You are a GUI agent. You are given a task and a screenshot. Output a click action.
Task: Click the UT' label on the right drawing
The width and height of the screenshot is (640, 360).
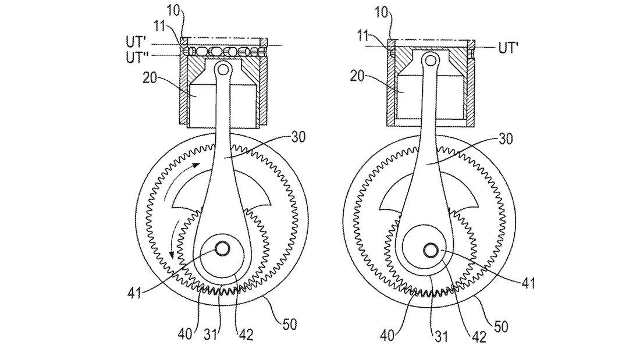[x=508, y=48]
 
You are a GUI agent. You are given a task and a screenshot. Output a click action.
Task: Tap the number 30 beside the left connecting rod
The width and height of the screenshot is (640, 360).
[x=298, y=137]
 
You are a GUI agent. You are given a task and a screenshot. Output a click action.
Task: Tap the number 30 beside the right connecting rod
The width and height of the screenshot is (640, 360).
[x=505, y=139]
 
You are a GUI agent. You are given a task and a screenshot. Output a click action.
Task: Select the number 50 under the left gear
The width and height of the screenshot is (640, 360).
[x=290, y=325]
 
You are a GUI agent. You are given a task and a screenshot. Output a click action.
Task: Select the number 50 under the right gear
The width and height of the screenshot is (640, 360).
[x=501, y=326]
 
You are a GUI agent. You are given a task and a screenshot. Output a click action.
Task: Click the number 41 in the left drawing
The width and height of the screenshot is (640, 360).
[x=134, y=293]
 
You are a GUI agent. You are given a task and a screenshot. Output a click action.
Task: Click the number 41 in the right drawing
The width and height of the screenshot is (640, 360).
[x=528, y=283]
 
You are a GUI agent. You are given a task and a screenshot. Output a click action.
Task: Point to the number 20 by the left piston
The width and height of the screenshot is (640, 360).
[x=150, y=77]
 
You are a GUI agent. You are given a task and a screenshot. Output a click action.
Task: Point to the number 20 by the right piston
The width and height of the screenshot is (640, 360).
[x=357, y=76]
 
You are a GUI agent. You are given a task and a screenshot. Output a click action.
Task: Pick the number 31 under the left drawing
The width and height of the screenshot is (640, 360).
[x=211, y=334]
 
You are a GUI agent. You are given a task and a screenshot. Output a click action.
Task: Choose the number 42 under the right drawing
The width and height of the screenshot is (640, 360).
[x=479, y=337]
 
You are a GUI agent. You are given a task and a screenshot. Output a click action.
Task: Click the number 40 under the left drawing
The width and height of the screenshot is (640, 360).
[x=185, y=334]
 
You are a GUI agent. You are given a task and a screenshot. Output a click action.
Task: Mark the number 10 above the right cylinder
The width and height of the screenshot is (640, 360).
[x=381, y=12]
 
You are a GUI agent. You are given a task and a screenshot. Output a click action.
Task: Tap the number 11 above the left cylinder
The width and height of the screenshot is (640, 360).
[x=159, y=26]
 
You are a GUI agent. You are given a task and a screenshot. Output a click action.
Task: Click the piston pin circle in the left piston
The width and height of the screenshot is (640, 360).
[x=223, y=70]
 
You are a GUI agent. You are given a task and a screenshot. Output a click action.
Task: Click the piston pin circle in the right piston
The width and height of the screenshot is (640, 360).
[x=430, y=61]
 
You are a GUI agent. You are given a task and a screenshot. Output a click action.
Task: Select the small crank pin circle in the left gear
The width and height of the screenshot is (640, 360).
[x=222, y=248]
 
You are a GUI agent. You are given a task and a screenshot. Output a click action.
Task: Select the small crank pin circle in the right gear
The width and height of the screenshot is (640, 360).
[x=431, y=251]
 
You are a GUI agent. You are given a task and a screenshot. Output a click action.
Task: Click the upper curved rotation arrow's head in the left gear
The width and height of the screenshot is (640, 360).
[x=196, y=165]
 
